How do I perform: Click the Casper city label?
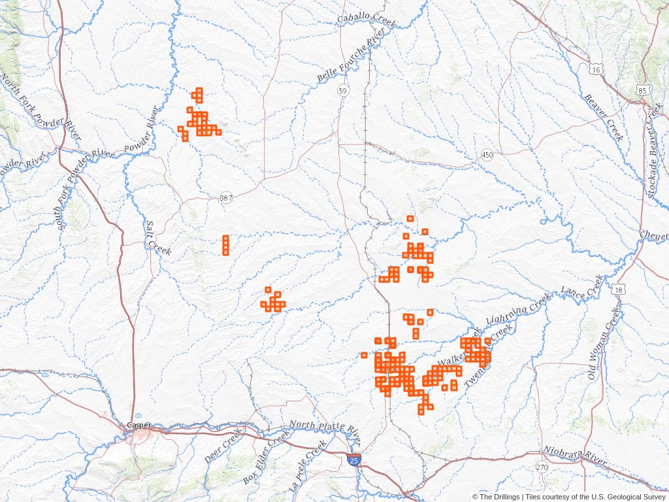(x=139, y=425)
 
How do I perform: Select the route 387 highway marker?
(x=226, y=197)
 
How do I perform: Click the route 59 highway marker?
(x=343, y=90)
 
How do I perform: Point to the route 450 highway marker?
(x=487, y=155)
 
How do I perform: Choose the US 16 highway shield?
(x=595, y=69)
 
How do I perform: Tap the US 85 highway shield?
(x=644, y=90)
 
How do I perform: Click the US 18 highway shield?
(x=618, y=288)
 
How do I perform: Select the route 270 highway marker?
(x=542, y=467)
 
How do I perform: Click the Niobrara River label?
(x=576, y=457)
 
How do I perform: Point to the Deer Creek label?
(x=223, y=452)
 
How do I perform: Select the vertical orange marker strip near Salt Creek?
(x=226, y=245)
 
